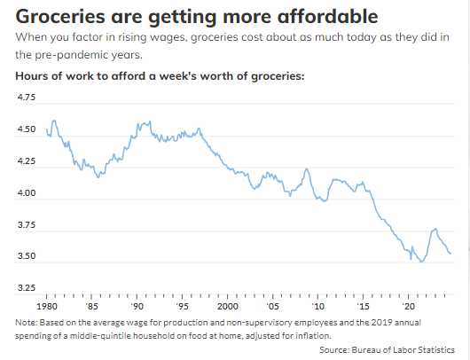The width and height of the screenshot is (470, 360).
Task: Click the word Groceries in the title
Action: point(60,16)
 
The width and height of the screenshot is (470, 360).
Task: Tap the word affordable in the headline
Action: point(327,16)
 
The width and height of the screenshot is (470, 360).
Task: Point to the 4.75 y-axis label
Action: point(27,98)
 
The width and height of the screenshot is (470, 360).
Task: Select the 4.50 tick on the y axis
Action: point(27,129)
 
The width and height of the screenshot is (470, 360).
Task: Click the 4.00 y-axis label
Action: point(27,192)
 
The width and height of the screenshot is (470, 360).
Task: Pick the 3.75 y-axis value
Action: point(27,224)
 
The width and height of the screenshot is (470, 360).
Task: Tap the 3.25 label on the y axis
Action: point(27,288)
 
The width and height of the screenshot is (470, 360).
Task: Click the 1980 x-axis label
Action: point(47,306)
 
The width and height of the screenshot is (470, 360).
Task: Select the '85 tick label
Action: point(91,306)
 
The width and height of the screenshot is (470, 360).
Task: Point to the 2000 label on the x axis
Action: point(228,306)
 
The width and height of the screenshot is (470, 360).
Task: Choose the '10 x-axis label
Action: point(318,306)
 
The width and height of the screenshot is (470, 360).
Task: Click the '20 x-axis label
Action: point(409,306)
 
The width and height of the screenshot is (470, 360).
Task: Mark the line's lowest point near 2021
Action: point(421,262)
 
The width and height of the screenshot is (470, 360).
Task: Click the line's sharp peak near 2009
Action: point(306,168)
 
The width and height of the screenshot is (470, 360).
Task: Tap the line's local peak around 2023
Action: point(435,229)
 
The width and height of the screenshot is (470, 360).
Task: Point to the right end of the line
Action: point(450,254)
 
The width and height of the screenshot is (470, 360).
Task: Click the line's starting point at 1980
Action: point(47,129)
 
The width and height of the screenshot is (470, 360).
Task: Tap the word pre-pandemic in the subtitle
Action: point(72,55)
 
